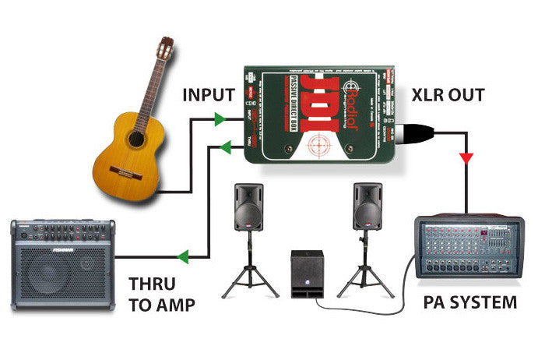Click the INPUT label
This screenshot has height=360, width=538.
point(208,95)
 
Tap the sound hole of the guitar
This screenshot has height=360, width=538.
point(135,139)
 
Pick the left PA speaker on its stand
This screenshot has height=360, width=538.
point(250,206)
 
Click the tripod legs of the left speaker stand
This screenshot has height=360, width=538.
point(250,279)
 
